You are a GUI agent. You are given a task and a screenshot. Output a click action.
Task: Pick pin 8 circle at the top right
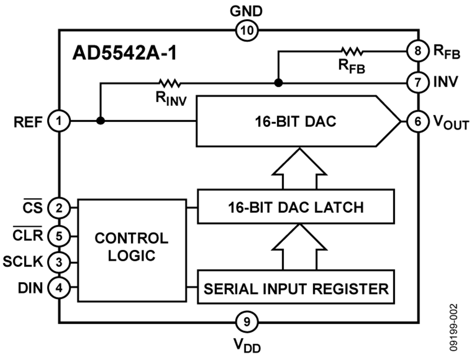pyautogui.click(x=417, y=51)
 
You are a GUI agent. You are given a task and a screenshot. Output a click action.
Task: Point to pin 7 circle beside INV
pyautogui.click(x=417, y=82)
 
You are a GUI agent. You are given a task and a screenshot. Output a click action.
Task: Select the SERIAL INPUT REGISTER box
pyautogui.click(x=296, y=288)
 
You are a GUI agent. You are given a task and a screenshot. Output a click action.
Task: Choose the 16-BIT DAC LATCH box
pyautogui.click(x=296, y=207)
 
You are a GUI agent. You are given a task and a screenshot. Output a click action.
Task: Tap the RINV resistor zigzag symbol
pyautogui.click(x=168, y=82)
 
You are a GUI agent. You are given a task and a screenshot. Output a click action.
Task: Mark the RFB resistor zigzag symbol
pyautogui.click(x=351, y=51)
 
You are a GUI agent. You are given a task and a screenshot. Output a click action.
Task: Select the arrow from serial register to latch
pyautogui.click(x=299, y=247)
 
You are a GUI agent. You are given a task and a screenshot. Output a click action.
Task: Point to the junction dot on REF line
pyautogui.click(x=100, y=121)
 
